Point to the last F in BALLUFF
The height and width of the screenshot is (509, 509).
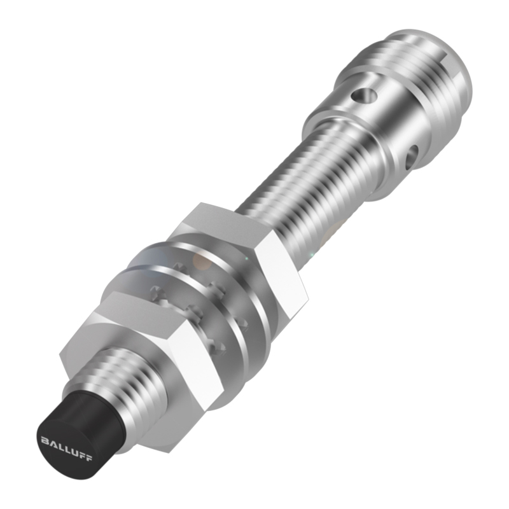click(x=88, y=458)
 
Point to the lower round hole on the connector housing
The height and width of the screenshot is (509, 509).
click(x=412, y=157)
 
